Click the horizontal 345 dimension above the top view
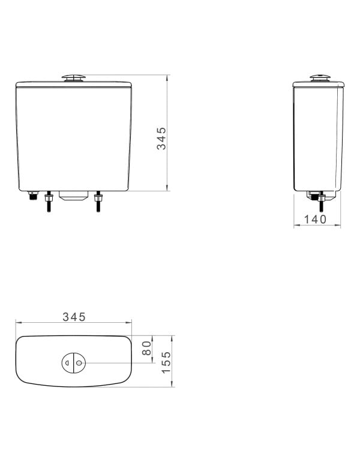(74, 316)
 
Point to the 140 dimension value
(316, 220)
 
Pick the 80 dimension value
(146, 349)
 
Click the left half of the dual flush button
(68, 362)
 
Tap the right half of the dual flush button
(80, 362)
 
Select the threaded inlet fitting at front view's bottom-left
(32, 196)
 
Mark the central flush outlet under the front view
(74, 197)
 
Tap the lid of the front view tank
(74, 83)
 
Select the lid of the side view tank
(319, 83)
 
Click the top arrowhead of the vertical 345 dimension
(167, 77)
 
